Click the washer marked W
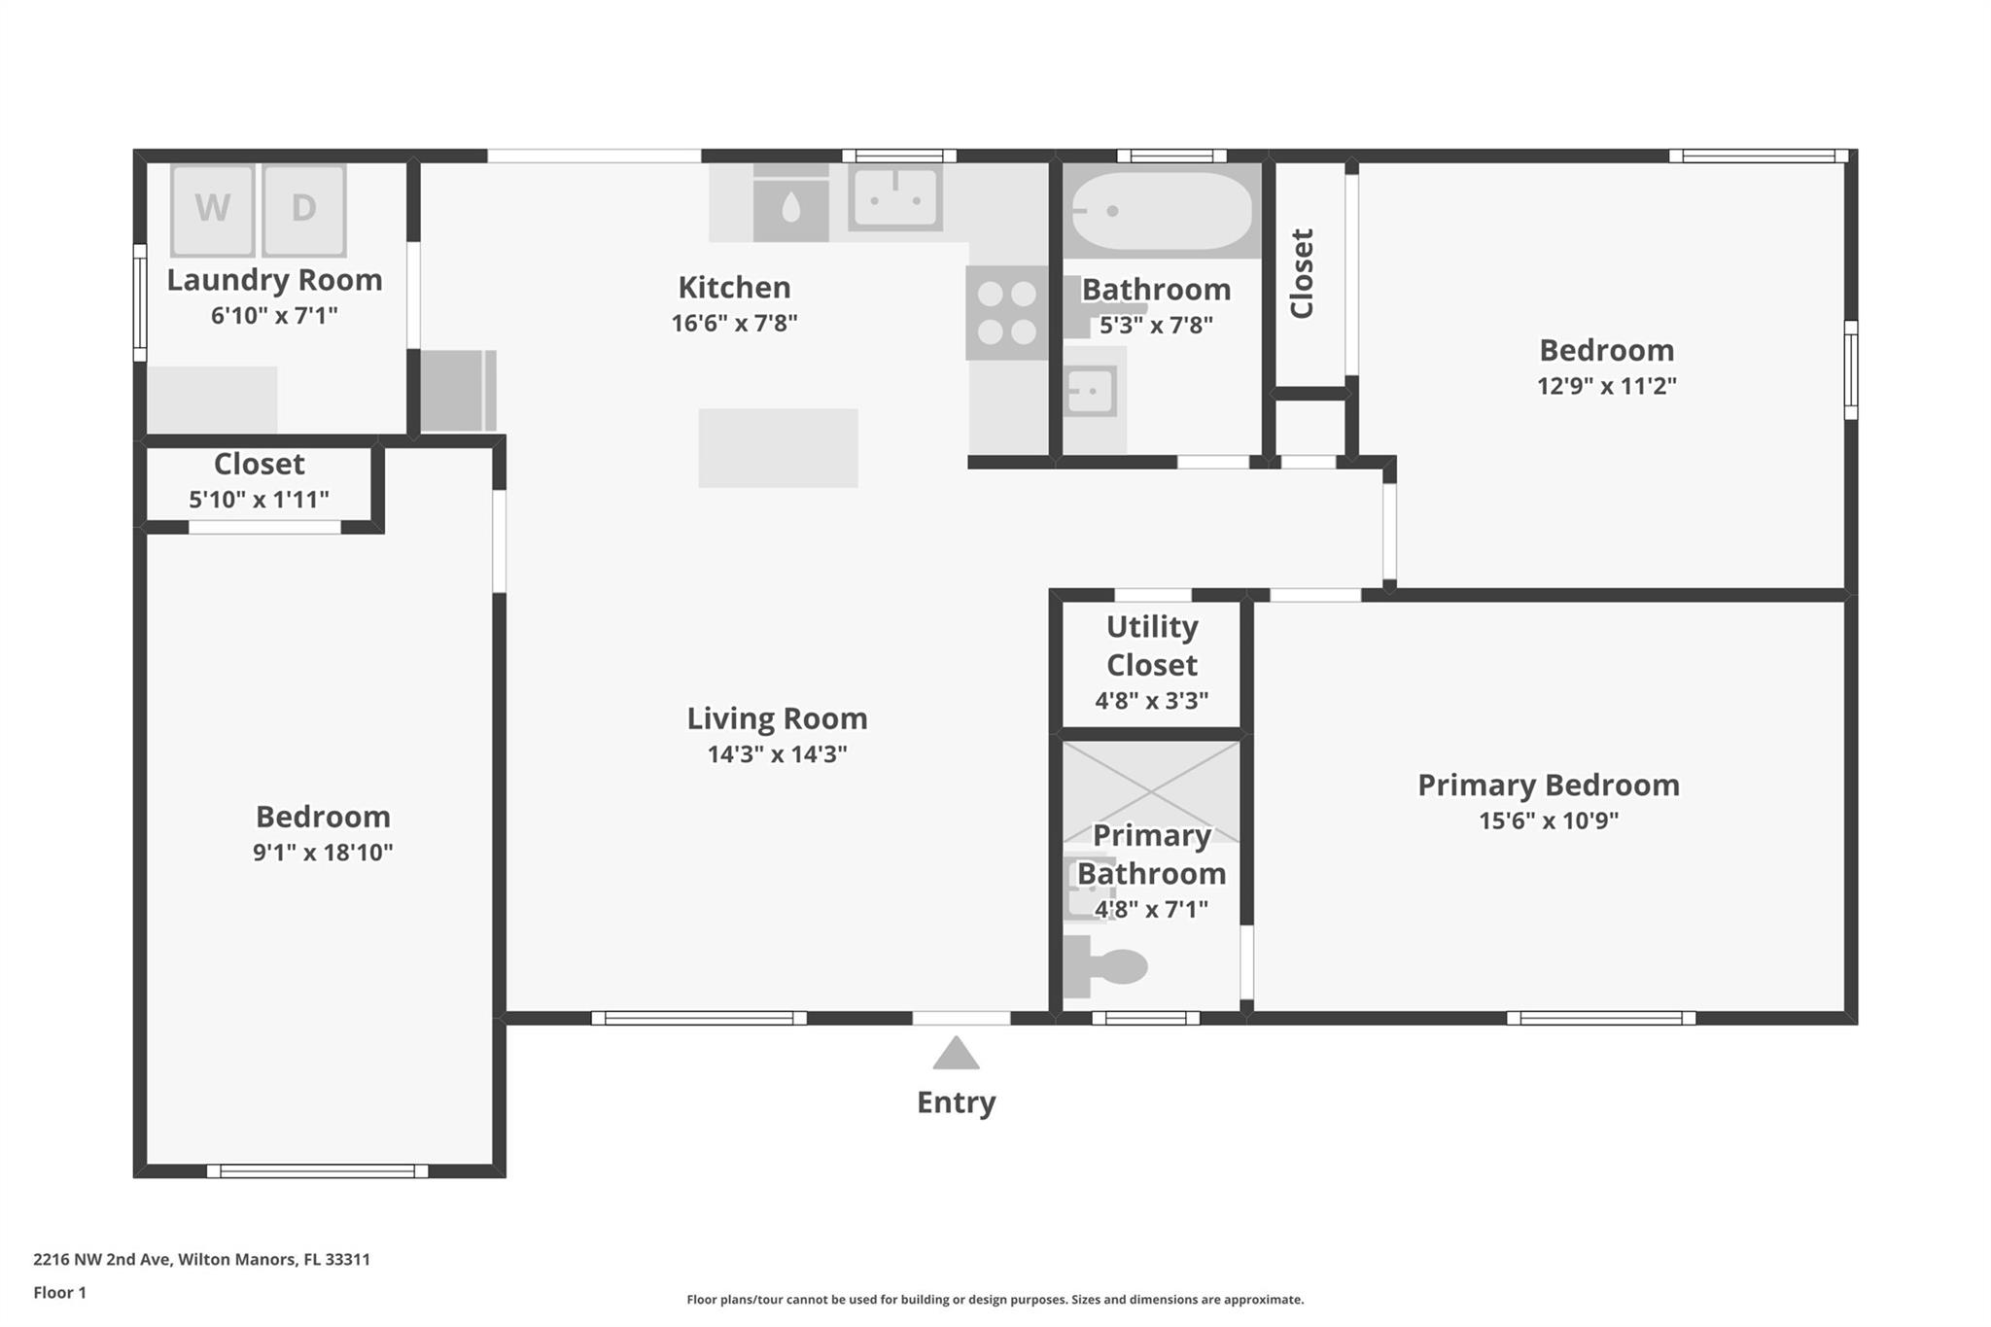tap(212, 209)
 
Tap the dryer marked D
tap(303, 209)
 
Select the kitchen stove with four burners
tap(1007, 313)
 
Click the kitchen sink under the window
tap(895, 197)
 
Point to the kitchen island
tap(778, 447)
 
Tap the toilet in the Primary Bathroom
tap(1105, 966)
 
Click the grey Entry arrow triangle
tap(956, 1053)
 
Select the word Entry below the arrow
tap(957, 1102)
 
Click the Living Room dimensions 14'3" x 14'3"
tap(777, 754)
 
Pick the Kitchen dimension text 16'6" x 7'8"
tap(734, 323)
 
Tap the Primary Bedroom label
tap(1549, 785)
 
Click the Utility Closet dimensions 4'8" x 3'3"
tap(1152, 701)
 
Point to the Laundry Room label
tap(274, 280)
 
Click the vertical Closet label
tap(1302, 273)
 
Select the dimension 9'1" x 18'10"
tap(323, 853)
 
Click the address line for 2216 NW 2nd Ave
tap(201, 1259)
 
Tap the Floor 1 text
tap(59, 1292)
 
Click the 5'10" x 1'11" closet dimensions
tap(259, 500)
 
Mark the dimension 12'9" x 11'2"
tap(1607, 386)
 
